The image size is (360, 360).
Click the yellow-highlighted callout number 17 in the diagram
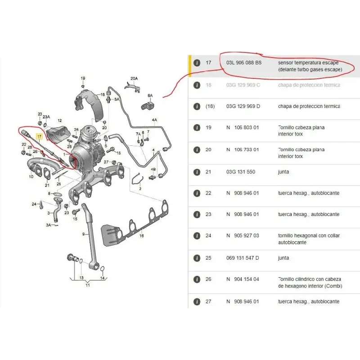click(39, 135)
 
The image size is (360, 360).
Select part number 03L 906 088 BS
click(243, 63)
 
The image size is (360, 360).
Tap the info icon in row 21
click(197, 172)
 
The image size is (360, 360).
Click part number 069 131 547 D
click(243, 258)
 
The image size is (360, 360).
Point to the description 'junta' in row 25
click(283, 258)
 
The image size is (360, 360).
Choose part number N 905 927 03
click(243, 236)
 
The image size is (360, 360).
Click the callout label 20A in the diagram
click(134, 78)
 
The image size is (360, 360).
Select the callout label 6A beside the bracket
click(150, 96)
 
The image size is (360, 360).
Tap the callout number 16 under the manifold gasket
click(141, 236)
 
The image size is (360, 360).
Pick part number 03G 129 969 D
click(243, 106)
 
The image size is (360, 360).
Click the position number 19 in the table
click(208, 128)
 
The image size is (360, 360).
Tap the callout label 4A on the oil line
click(154, 120)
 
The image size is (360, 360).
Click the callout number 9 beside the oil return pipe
click(83, 234)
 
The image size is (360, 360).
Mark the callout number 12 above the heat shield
click(59, 121)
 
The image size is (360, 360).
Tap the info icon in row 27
click(197, 301)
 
